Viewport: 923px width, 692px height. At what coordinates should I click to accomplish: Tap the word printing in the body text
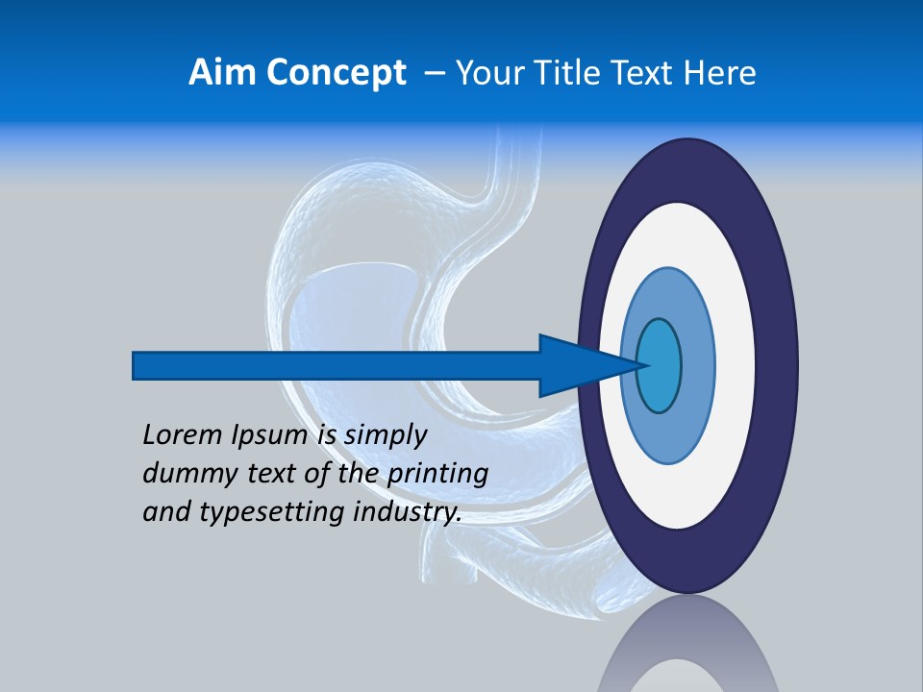pos(437,475)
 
